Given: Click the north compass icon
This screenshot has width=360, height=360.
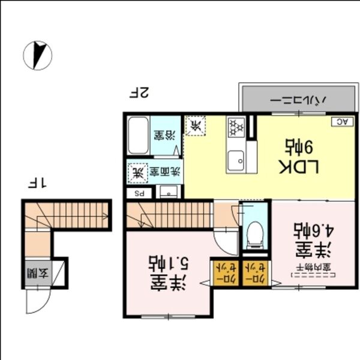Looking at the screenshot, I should pyautogui.click(x=38, y=55).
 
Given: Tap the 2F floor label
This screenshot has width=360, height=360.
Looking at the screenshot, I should pyautogui.click(x=139, y=93).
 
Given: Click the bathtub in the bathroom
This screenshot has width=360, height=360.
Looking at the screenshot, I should pyautogui.click(x=138, y=136).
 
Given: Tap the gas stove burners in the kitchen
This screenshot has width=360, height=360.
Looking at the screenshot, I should pyautogui.click(x=236, y=127).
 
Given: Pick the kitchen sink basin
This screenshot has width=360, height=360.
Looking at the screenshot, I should pyautogui.click(x=236, y=160).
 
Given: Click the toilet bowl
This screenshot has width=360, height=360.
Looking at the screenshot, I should pyautogui.click(x=255, y=232).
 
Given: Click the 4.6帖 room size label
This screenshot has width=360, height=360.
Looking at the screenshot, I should pyautogui.click(x=305, y=231).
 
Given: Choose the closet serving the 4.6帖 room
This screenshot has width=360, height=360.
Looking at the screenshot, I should pyautogui.click(x=254, y=272).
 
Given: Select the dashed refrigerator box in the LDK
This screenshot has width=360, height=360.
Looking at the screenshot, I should pyautogui.click(x=196, y=126).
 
